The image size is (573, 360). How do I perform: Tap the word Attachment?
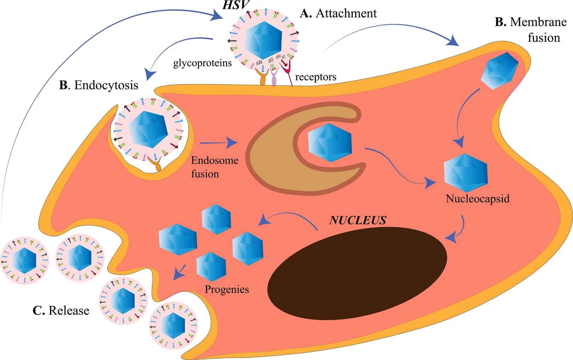(346, 14)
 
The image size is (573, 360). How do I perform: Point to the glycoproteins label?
(202, 63)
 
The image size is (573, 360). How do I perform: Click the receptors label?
(315, 77)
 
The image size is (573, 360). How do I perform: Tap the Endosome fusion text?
(214, 167)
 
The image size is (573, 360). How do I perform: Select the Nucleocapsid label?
(477, 198)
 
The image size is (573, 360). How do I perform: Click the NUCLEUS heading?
(357, 220)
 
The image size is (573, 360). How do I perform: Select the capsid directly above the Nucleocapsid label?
(466, 173)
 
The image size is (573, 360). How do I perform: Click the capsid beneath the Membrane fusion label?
(499, 70)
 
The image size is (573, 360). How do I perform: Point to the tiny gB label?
(259, 63)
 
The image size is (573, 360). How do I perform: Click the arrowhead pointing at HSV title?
(216, 15)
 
